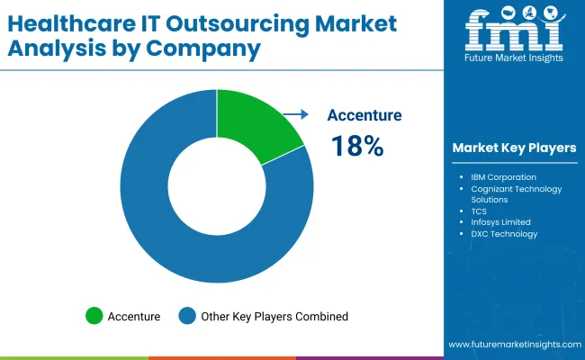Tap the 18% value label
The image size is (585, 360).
357,146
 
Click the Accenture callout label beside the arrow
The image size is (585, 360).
364,115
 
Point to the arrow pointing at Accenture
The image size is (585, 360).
294,114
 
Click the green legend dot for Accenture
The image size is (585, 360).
94,316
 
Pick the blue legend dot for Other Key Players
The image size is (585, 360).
187,316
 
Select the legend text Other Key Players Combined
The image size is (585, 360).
274,316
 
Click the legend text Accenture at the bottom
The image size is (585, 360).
134,316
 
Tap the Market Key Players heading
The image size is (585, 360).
514,148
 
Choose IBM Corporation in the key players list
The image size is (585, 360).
503,177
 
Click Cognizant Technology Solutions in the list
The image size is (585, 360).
516,194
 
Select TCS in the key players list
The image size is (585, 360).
479,211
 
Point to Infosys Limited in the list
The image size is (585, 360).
500,222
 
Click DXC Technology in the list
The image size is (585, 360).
503,234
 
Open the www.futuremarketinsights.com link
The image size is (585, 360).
514,345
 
